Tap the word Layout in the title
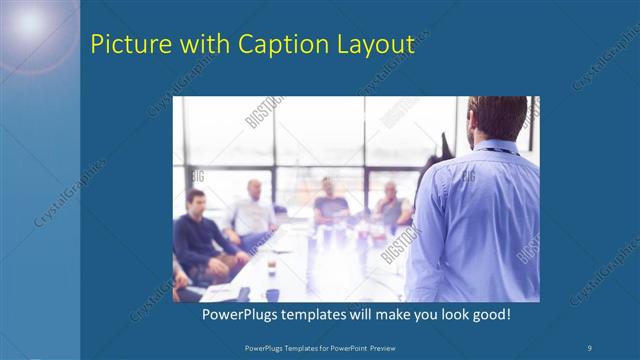(377, 45)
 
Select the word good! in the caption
(489, 314)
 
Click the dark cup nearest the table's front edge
(271, 294)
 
